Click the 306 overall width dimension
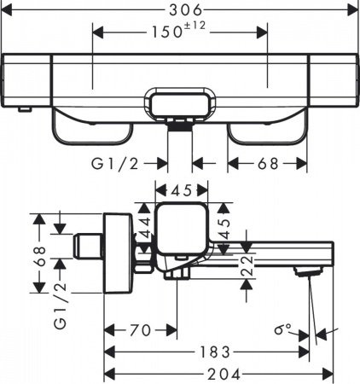click(180, 9)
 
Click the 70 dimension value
click(140, 329)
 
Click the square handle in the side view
click(178, 230)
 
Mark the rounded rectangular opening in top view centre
click(180, 107)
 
